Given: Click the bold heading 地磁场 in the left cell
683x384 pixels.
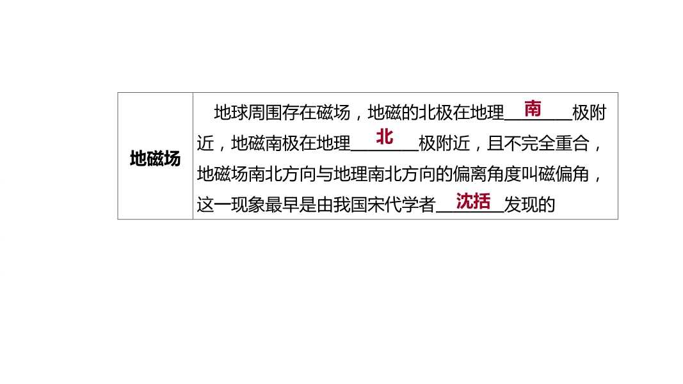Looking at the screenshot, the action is click(x=155, y=159).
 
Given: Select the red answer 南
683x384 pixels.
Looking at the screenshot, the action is click(x=533, y=109).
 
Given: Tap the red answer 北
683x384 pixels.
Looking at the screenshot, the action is click(x=384, y=137).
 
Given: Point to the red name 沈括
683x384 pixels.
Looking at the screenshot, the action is click(x=473, y=201).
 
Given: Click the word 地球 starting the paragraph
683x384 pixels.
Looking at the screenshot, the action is click(x=231, y=113).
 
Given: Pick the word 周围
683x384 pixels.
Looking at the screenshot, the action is click(x=265, y=113).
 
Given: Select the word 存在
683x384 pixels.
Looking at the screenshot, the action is click(x=299, y=113).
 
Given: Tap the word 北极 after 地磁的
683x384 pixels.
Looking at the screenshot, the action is click(x=435, y=113).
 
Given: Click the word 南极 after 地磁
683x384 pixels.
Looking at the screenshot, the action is click(x=282, y=143).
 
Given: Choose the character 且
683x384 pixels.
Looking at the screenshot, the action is click(x=495, y=143).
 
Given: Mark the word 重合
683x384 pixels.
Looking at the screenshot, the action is click(x=572, y=143).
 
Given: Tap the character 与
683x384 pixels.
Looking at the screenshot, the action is click(x=325, y=174).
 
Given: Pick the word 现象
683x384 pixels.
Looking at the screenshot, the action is click(x=248, y=205).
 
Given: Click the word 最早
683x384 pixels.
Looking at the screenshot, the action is click(x=282, y=205).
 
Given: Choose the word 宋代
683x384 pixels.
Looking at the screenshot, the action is click(x=384, y=205).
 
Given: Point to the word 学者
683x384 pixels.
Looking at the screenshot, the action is click(x=419, y=205).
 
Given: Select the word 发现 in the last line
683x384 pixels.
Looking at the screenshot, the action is click(x=521, y=205).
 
